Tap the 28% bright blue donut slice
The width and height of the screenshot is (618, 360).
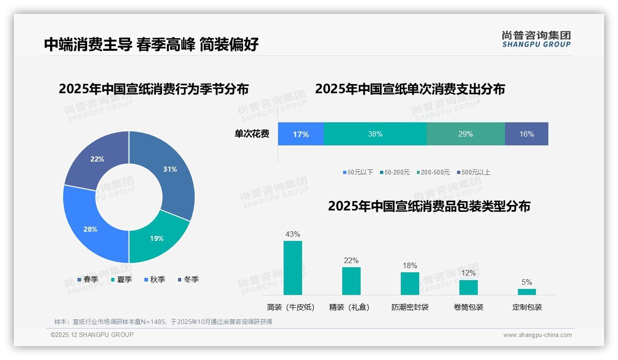click(90, 229)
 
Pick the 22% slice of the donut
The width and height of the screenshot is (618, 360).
click(97, 159)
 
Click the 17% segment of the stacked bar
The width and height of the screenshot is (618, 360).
click(301, 134)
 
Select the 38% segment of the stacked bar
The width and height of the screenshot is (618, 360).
click(375, 134)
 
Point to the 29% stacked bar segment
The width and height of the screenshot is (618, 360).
click(465, 134)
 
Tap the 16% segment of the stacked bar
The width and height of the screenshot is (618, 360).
click(526, 134)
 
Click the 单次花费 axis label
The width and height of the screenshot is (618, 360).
click(252, 134)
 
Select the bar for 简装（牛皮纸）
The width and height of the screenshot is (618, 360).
click(292, 268)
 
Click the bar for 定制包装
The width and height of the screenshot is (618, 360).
click(527, 292)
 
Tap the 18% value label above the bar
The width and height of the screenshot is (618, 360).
click(410, 265)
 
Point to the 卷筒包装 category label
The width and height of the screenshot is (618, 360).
click(469, 307)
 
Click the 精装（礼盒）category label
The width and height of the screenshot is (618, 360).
click(349, 307)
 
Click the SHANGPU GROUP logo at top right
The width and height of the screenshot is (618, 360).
click(536, 39)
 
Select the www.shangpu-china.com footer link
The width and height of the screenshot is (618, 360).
click(537, 335)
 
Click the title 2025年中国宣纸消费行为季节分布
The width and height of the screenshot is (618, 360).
click(154, 89)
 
